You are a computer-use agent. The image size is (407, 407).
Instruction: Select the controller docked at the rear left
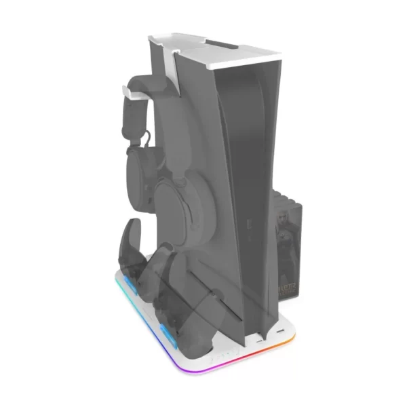click(136, 251)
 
